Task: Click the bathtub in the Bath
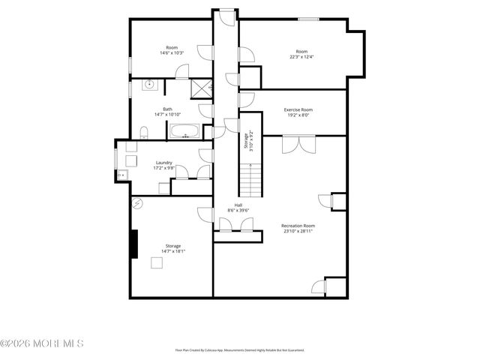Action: pyautogui.click(x=184, y=132)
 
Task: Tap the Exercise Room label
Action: pyautogui.click(x=298, y=110)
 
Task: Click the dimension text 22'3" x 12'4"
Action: pyautogui.click(x=302, y=57)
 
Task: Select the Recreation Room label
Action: pyautogui.click(x=298, y=226)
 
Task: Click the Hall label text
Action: pyautogui.click(x=238, y=205)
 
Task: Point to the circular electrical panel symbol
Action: pyautogui.click(x=137, y=203)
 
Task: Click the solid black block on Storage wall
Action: pyautogui.click(x=133, y=244)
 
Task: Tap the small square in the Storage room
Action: pyautogui.click(x=157, y=262)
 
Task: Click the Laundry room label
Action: pyautogui.click(x=164, y=163)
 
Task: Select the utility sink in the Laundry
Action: pyautogui.click(x=120, y=175)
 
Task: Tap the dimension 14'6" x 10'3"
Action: pyautogui.click(x=169, y=52)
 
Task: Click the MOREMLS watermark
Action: pyautogui.click(x=43, y=343)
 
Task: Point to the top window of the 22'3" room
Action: pyautogui.click(x=306, y=19)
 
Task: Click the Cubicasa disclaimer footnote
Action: pyautogui.click(x=239, y=349)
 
